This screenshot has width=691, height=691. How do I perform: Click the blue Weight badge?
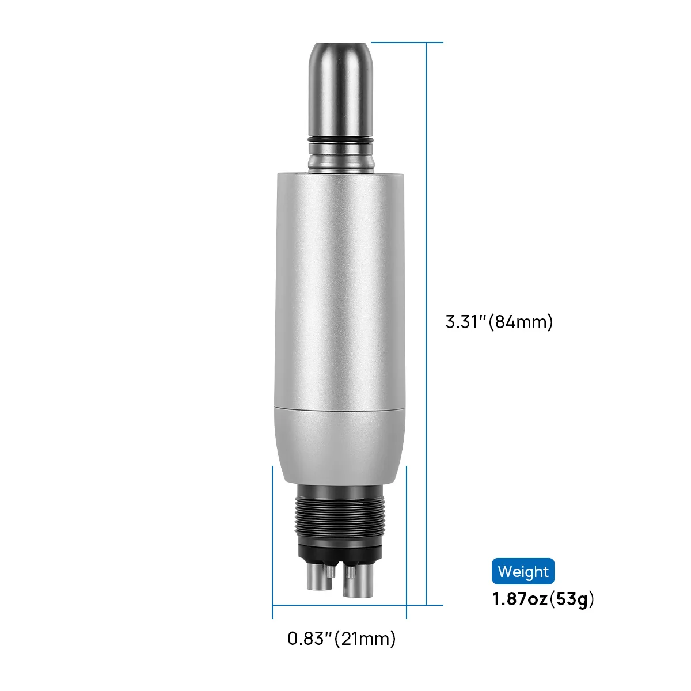523,571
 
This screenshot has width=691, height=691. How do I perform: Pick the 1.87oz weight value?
521,599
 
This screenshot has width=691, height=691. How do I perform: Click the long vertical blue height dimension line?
426,324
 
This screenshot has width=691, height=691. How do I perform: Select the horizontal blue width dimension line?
339,605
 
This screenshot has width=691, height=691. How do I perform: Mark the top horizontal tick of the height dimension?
407,43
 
